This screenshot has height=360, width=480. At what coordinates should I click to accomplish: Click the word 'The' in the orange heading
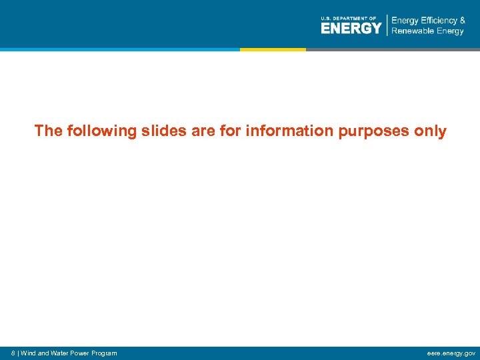[x=48, y=131]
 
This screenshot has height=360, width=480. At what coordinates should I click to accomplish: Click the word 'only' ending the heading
[x=430, y=131]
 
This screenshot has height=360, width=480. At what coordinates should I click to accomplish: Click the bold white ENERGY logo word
[x=351, y=28]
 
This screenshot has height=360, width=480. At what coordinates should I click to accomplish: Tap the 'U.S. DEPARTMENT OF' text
[x=348, y=18]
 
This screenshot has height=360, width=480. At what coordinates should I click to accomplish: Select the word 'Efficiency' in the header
[x=435, y=21]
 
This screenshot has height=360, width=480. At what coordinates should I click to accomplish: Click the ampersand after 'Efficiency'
[x=462, y=21]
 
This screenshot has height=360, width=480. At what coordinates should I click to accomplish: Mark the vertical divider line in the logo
[x=387, y=25]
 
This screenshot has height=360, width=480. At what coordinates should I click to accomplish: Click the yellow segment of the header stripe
[x=273, y=49]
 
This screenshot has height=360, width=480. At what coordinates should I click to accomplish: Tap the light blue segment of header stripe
[x=120, y=49]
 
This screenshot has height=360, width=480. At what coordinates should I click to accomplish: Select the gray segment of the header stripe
[x=393, y=49]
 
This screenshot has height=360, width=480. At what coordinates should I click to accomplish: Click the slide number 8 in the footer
[x=14, y=353]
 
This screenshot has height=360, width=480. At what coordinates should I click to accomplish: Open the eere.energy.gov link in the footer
[x=452, y=353]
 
